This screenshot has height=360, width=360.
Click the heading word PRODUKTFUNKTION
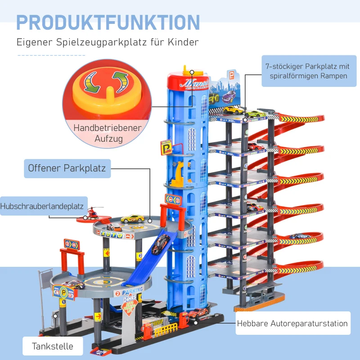tap(108, 23)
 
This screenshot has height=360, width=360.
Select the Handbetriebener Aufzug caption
tap(108, 133)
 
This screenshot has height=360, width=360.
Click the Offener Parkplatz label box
tap(67, 168)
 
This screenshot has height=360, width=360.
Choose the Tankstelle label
tap(52, 346)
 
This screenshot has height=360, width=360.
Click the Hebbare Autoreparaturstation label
tap(293, 323)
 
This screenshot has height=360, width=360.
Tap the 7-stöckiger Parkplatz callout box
tap(309, 71)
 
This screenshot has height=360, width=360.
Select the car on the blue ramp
tap(160, 245)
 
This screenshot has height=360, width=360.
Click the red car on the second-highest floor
tap(254, 146)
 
